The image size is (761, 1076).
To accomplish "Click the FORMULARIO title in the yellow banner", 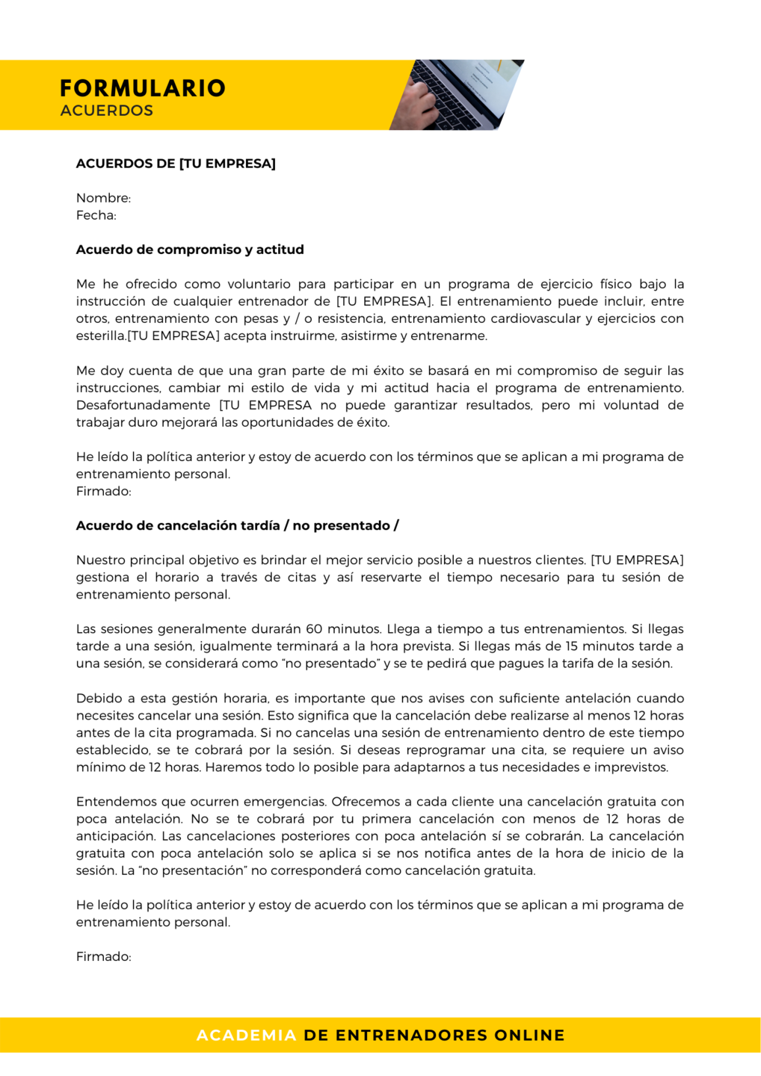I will [x=142, y=88].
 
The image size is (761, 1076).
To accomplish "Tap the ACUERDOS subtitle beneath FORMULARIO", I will [x=107, y=111].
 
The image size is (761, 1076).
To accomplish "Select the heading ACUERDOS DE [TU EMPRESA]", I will [x=176, y=164].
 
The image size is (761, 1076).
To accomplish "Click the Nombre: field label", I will [x=103, y=198].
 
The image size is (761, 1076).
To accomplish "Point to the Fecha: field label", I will [x=96, y=215].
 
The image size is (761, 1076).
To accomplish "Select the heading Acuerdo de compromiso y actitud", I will [x=190, y=250].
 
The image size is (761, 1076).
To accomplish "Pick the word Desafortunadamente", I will [x=143, y=405].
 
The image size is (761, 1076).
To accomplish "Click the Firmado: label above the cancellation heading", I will [x=103, y=491].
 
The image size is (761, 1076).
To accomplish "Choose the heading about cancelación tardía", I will [x=237, y=525].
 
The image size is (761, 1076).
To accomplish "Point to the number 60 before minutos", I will [x=314, y=629].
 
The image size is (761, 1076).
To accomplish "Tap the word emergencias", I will [x=287, y=802].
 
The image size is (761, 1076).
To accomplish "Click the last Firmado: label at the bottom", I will [x=103, y=956].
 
